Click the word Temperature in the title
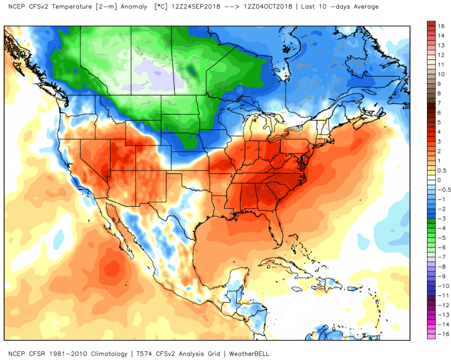[x=65, y=7]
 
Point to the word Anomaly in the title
[x=124, y=7]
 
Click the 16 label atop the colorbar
[x=441, y=25]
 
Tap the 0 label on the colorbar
[x=440, y=179]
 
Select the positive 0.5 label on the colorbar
[x=442, y=170]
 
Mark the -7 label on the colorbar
[x=440, y=257]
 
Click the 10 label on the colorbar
[x=441, y=74]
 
